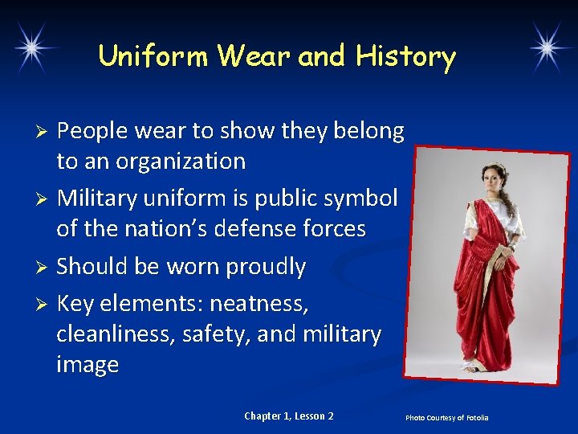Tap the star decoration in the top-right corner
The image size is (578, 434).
[x=553, y=47]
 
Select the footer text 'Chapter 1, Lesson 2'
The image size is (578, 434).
[x=289, y=416]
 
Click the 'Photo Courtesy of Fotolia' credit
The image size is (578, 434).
[x=446, y=418]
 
